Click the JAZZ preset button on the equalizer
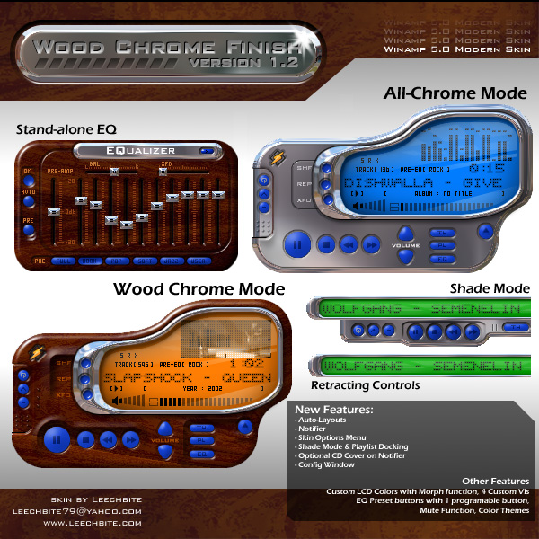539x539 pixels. click(x=171, y=261)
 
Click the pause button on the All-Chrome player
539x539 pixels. click(x=296, y=243)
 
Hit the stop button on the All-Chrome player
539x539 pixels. click(x=325, y=243)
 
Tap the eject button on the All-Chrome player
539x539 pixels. click(x=486, y=232)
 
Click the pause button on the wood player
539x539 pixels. click(x=55, y=439)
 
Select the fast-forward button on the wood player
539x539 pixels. click(x=131, y=439)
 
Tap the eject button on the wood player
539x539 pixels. click(x=245, y=427)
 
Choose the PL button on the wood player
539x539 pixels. click(x=204, y=441)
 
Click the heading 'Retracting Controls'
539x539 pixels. click(x=365, y=385)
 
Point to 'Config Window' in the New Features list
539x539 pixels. click(x=327, y=465)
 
